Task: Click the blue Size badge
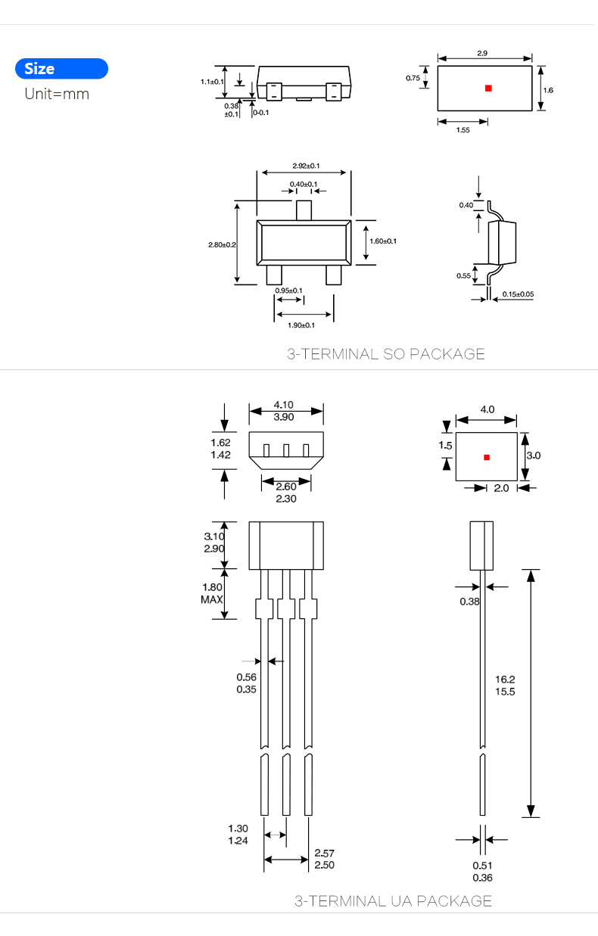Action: pos(61,69)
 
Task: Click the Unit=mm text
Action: pos(57,94)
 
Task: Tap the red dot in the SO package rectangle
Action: pos(488,89)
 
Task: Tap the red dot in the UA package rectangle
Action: pos(487,457)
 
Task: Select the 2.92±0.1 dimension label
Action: pos(306,166)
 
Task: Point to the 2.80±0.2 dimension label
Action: pos(222,244)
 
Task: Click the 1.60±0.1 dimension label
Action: pos(383,241)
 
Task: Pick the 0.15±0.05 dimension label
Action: pos(518,294)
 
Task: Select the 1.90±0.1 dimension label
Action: pos(301,325)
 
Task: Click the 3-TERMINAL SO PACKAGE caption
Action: pos(385,353)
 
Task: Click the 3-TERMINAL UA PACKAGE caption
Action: pos(393,900)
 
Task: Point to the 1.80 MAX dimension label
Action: pos(212,592)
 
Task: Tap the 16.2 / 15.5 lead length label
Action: pos(504,686)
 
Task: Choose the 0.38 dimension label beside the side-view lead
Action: pos(469,602)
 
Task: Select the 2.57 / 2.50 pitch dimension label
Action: pos(324,859)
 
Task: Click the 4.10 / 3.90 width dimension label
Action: pos(285,411)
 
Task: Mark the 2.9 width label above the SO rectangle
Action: pos(482,53)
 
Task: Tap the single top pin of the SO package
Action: pos(304,210)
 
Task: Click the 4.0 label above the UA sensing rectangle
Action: pos(487,409)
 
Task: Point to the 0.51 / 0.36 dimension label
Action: pos(482,872)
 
